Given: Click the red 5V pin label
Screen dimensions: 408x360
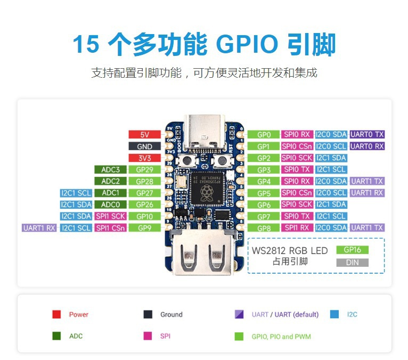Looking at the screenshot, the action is (x=145, y=135).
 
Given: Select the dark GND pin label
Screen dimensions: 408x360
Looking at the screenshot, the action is (x=145, y=146).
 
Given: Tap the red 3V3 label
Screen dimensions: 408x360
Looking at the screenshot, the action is (x=145, y=158).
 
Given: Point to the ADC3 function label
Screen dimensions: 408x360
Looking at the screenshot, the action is (x=110, y=169).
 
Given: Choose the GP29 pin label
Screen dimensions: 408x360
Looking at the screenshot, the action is (x=145, y=169).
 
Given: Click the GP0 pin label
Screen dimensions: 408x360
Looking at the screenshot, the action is (x=264, y=135).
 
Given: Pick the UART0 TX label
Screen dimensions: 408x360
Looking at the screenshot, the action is (x=367, y=135).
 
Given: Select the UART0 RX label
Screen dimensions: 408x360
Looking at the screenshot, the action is (x=367, y=146).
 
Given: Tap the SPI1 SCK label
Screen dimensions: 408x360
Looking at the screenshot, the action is (x=110, y=216).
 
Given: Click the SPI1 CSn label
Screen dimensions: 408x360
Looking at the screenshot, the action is (x=110, y=228).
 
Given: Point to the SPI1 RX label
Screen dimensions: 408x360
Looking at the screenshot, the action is (x=297, y=228).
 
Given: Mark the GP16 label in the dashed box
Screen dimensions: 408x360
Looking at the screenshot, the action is (x=352, y=250).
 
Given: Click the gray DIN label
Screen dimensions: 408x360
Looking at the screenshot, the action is (x=352, y=263).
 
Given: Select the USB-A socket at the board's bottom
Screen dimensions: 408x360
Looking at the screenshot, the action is (x=203, y=252).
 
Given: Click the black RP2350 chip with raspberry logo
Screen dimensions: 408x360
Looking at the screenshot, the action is (x=207, y=189).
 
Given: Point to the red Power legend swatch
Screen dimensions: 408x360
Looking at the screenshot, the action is (x=56, y=314).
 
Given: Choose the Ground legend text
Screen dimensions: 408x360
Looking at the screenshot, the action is (x=171, y=315).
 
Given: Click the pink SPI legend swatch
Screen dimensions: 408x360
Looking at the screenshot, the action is (x=148, y=336).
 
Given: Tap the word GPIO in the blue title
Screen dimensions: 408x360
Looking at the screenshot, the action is (x=247, y=44).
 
